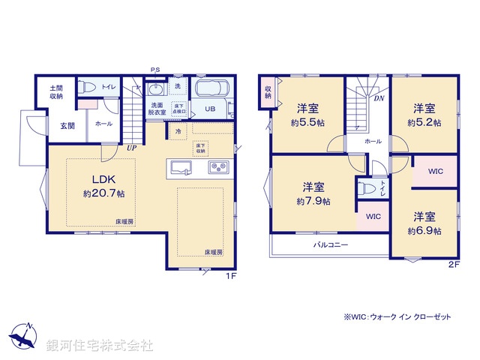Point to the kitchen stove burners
point(218,166)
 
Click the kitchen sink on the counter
point(181,166)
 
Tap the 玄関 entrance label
point(67,125)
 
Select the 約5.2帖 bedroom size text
point(424,121)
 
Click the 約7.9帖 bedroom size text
point(311,201)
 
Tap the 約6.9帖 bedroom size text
point(424,231)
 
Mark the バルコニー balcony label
point(331,244)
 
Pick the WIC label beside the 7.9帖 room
point(373,217)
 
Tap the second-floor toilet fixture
point(367,188)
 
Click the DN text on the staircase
point(380,98)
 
